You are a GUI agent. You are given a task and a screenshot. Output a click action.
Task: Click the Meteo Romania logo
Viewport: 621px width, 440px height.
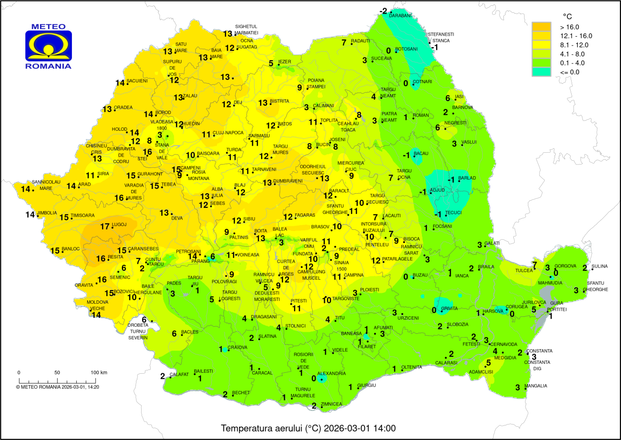click(x=48, y=46)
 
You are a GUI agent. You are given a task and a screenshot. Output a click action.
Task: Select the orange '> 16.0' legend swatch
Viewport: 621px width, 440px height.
click(x=541, y=27)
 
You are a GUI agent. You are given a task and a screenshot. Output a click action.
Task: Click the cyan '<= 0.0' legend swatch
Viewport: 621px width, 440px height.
click(x=541, y=72)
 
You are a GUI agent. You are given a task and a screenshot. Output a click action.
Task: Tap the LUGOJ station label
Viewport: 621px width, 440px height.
click(x=119, y=225)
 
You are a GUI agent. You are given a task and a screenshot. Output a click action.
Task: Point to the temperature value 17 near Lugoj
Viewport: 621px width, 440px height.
click(x=105, y=227)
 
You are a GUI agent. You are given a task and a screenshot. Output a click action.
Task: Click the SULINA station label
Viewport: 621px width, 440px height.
click(x=600, y=266)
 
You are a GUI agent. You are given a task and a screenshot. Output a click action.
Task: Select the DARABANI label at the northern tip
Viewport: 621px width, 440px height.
click(x=400, y=16)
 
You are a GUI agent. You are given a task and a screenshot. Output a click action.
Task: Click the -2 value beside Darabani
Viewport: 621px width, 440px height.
click(x=383, y=11)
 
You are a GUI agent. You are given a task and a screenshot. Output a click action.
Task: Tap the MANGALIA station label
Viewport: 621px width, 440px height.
click(x=536, y=386)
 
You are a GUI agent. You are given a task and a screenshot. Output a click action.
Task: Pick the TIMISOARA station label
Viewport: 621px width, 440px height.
click(x=83, y=215)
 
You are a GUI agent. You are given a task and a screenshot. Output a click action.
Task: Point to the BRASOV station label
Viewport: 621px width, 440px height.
click(x=320, y=227)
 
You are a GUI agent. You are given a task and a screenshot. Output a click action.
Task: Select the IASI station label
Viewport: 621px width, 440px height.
click(x=459, y=96)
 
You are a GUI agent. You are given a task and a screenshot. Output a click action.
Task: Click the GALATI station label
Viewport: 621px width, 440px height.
click(x=492, y=243)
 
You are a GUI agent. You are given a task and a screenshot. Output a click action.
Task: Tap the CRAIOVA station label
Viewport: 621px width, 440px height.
click(x=237, y=347)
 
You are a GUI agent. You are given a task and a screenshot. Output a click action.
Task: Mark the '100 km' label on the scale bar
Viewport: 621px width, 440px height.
click(x=99, y=372)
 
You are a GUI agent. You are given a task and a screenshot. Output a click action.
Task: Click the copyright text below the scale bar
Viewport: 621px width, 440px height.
click(x=57, y=387)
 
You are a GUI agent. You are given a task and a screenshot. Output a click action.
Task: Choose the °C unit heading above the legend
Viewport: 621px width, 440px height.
click(x=567, y=16)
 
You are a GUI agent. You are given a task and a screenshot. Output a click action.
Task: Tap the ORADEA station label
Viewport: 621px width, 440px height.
click(x=123, y=107)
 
